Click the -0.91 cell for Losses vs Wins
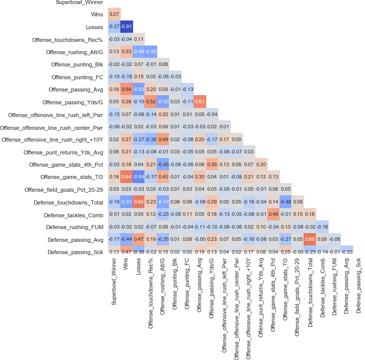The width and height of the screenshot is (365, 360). click(x=126, y=26)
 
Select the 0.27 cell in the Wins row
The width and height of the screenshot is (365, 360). click(x=114, y=14)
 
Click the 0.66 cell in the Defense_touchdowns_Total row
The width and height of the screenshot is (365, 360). click(x=139, y=202)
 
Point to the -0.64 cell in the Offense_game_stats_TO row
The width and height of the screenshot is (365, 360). click(x=139, y=177)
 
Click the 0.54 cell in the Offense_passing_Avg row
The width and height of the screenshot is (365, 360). click(x=126, y=89)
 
